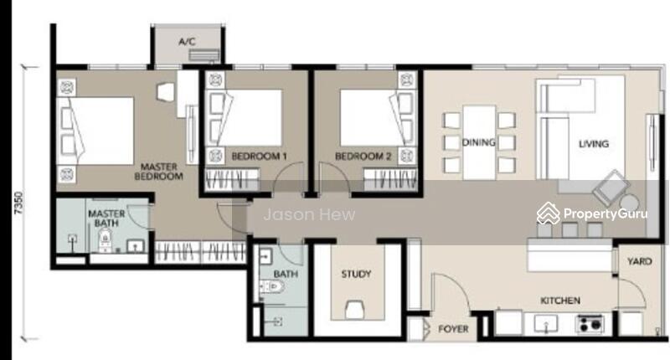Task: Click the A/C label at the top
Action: [187, 41]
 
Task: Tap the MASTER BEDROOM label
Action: [158, 172]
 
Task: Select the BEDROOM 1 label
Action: [259, 157]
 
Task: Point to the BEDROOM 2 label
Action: [363, 157]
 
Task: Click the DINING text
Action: [478, 142]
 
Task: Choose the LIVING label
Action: [594, 144]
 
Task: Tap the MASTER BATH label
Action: [106, 218]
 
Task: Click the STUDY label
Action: [356, 274]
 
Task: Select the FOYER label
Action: [453, 329]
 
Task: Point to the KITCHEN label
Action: [560, 301]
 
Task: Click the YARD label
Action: [639, 261]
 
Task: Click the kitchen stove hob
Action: [590, 323]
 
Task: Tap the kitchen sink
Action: [546, 323]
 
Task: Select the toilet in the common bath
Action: [270, 286]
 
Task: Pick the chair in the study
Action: [355, 309]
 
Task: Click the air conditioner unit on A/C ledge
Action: [204, 54]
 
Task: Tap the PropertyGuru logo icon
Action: [549, 213]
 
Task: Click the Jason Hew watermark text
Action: [309, 214]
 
